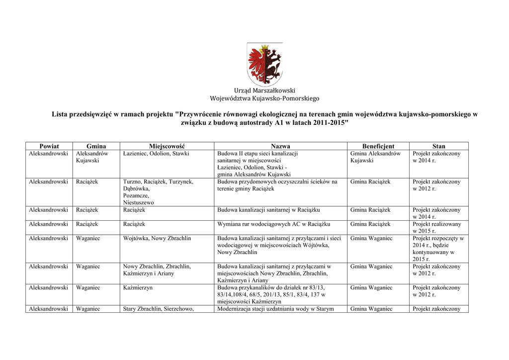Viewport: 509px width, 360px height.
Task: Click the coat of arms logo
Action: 264,64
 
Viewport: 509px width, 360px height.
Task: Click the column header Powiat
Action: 49,146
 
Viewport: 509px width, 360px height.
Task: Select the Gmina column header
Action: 96,146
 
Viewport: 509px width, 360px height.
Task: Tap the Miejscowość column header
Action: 167,146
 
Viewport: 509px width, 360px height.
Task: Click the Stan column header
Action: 438,146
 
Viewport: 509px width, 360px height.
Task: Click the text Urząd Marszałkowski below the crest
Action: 264,90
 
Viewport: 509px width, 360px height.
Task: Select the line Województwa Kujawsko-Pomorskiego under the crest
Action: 264,98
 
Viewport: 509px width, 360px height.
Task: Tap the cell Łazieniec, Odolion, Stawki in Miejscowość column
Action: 156,154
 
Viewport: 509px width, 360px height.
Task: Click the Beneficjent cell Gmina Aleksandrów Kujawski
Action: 375,157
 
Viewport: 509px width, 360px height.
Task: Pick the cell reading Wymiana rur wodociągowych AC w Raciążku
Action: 273,224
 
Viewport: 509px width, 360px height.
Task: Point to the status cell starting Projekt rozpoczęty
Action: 438,249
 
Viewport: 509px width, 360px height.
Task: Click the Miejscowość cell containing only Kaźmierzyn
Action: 138,288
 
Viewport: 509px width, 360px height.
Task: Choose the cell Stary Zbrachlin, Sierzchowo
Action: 158,309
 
